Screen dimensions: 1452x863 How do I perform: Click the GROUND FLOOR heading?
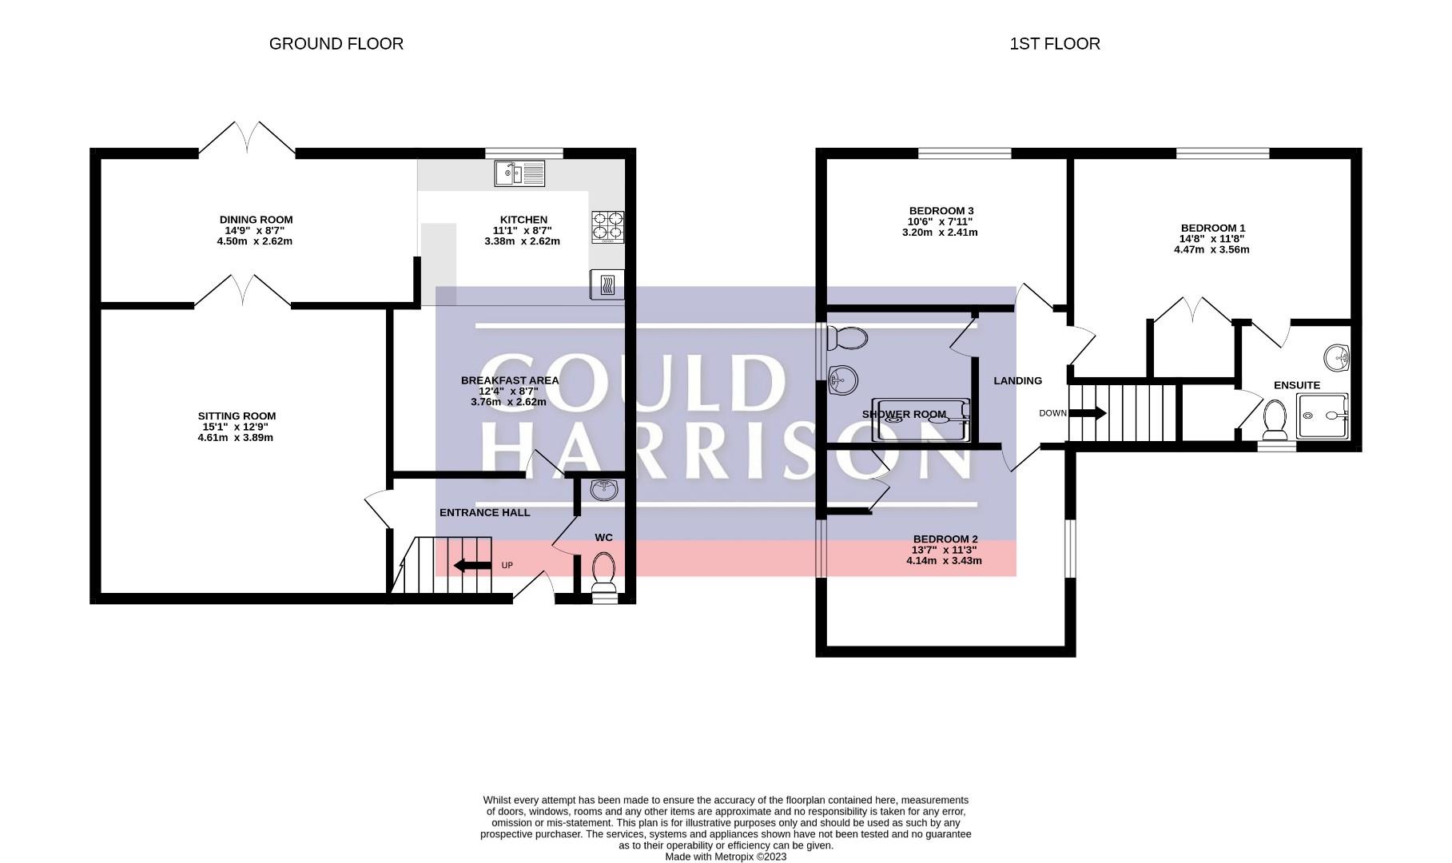336,44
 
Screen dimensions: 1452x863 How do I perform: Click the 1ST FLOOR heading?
1055,44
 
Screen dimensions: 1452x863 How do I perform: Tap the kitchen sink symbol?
519,173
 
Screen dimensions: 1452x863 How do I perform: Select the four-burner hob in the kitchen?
608,226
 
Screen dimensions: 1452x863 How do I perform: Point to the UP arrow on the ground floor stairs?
472,567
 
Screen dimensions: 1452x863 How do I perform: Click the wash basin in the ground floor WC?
603,489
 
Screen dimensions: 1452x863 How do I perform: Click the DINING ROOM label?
257,220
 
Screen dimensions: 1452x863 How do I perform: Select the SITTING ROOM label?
237,416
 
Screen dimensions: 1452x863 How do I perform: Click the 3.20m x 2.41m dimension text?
940,233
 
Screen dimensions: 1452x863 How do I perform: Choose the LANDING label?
1018,381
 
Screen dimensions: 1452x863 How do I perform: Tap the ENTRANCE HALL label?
485,513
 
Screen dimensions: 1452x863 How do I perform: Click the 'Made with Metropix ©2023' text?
726,857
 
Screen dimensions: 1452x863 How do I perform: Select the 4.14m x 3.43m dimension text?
944,561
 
